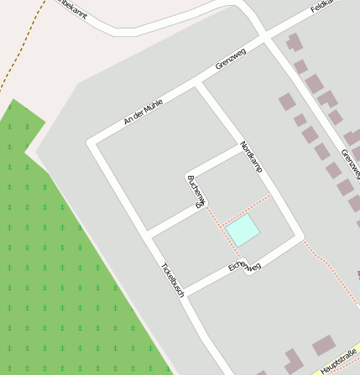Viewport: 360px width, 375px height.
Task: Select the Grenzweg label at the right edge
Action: coord(350,164)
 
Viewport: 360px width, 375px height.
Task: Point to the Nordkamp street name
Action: coord(251,157)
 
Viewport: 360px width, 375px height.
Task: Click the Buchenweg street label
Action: coord(195,190)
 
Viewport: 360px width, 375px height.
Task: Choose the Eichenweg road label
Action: coord(245,267)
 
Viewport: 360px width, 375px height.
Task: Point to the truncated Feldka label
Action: coord(323,6)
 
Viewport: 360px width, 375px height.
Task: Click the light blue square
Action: coord(243,229)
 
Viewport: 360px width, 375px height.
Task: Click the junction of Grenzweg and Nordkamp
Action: coord(201,85)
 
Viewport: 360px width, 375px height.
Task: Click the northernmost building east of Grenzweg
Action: coord(294,41)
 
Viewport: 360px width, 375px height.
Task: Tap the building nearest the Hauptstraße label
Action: coord(323,345)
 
